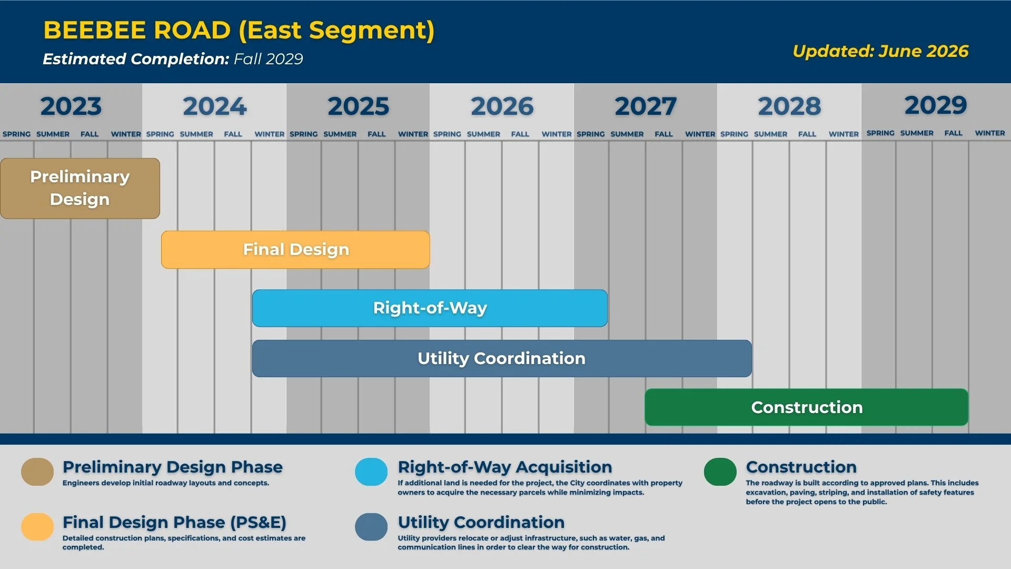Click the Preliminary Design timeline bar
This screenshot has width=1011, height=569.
point(80,188)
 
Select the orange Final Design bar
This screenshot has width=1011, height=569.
point(295,250)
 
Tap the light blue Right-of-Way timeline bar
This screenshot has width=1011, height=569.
point(430,308)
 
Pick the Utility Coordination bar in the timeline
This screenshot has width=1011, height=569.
point(502,358)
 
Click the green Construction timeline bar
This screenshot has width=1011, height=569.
point(806,407)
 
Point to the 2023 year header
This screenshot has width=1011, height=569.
point(71,106)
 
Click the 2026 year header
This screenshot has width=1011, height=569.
point(502,106)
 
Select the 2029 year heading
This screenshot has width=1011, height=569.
point(936,105)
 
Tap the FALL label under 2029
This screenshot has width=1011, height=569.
point(953,133)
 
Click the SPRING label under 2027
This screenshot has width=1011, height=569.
point(591,134)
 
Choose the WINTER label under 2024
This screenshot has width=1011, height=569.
point(270,134)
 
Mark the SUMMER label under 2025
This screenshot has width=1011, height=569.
point(340,134)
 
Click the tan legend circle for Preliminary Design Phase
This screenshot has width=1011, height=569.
point(37,472)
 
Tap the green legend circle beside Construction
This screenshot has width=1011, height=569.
point(720,472)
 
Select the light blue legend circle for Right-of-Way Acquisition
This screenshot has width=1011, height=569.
point(371,472)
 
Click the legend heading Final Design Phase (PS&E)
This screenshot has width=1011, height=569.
point(174,522)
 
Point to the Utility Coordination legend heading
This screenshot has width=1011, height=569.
point(481,522)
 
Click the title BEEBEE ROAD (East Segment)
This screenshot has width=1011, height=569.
point(239,31)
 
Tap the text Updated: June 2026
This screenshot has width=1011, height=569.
point(880,51)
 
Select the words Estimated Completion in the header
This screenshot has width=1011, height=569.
point(136,59)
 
